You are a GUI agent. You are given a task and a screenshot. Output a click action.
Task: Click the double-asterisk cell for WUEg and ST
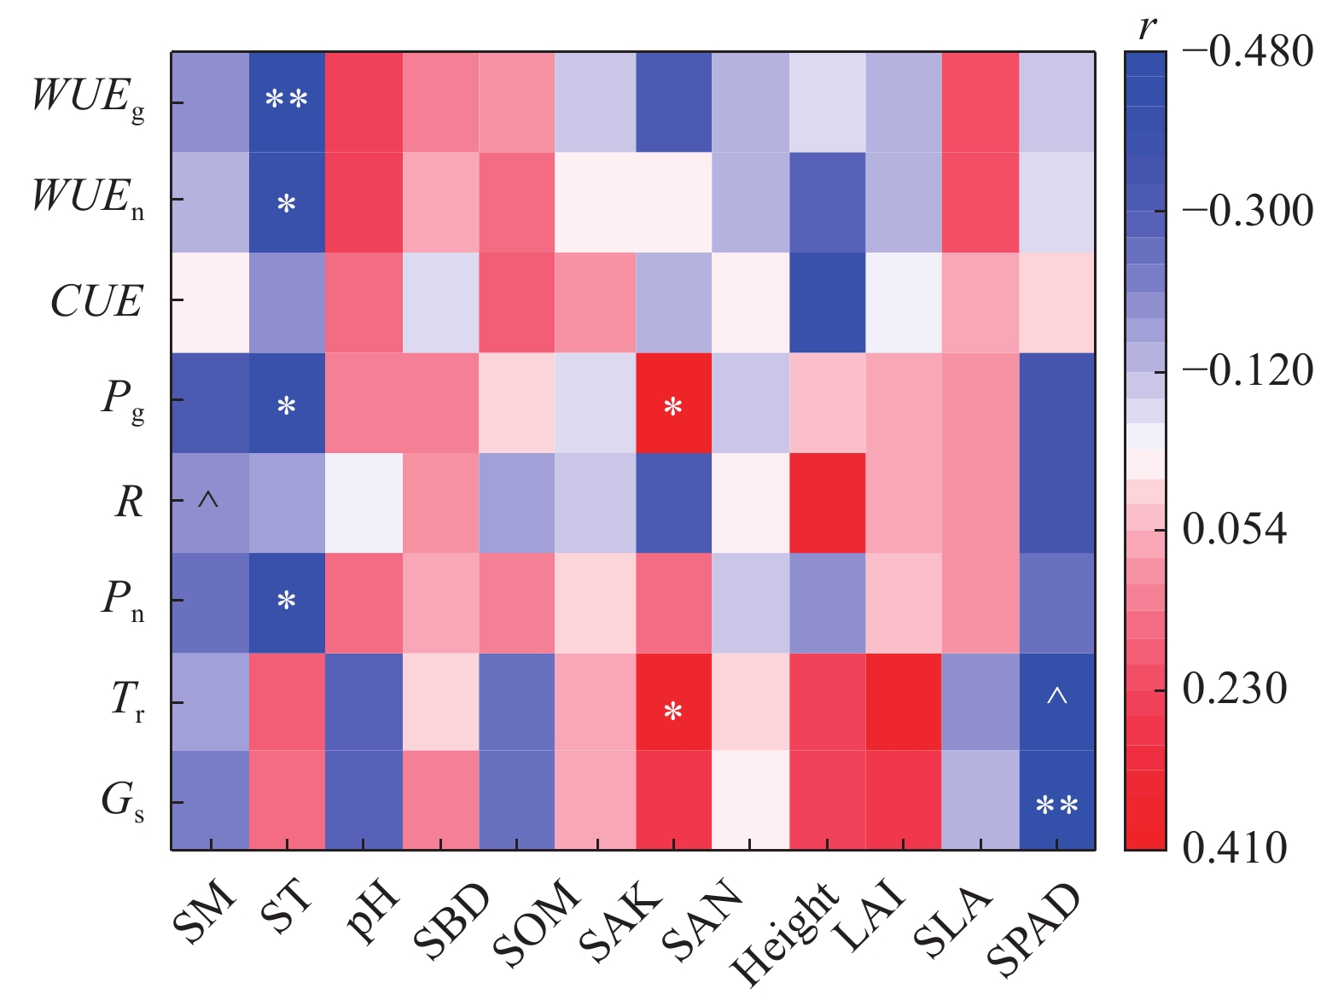[287, 102]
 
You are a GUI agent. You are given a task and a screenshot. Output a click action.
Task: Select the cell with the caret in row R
[210, 503]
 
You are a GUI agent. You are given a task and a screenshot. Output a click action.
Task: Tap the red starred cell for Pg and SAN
[673, 403]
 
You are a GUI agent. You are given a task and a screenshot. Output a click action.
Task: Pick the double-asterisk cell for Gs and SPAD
[1057, 800]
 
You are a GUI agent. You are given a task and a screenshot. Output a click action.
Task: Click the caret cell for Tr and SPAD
[1057, 701]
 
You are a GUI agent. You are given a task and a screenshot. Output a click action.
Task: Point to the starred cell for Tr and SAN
[673, 701]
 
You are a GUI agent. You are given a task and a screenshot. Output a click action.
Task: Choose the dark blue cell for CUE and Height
[827, 302]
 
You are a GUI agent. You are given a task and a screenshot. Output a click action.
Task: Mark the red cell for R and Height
[827, 503]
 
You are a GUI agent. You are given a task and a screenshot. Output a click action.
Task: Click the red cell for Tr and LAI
[904, 701]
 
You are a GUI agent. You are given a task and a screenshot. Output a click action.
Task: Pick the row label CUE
[96, 302]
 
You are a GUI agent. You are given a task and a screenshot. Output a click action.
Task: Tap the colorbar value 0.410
[1234, 848]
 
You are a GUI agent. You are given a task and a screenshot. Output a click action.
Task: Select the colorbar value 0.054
[1234, 530]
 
